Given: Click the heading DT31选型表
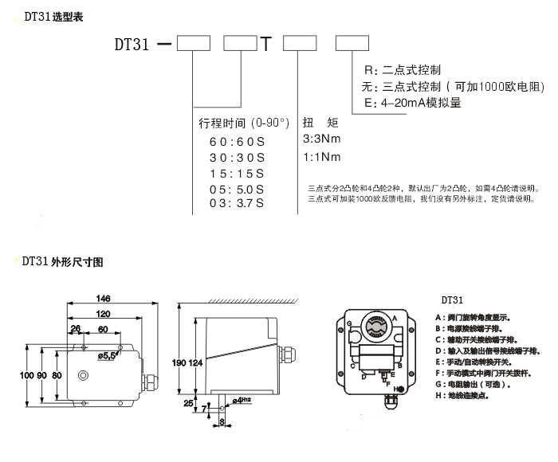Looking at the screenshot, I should tap(50, 15).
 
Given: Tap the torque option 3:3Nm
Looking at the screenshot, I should tap(321, 138).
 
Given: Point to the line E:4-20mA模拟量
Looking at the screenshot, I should tap(411, 103).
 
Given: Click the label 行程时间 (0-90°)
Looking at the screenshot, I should tap(237, 123).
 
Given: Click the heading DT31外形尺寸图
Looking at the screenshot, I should tap(61, 260).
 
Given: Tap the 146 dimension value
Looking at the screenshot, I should tap(103, 299).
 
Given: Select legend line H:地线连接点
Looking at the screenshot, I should tap(466, 394).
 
